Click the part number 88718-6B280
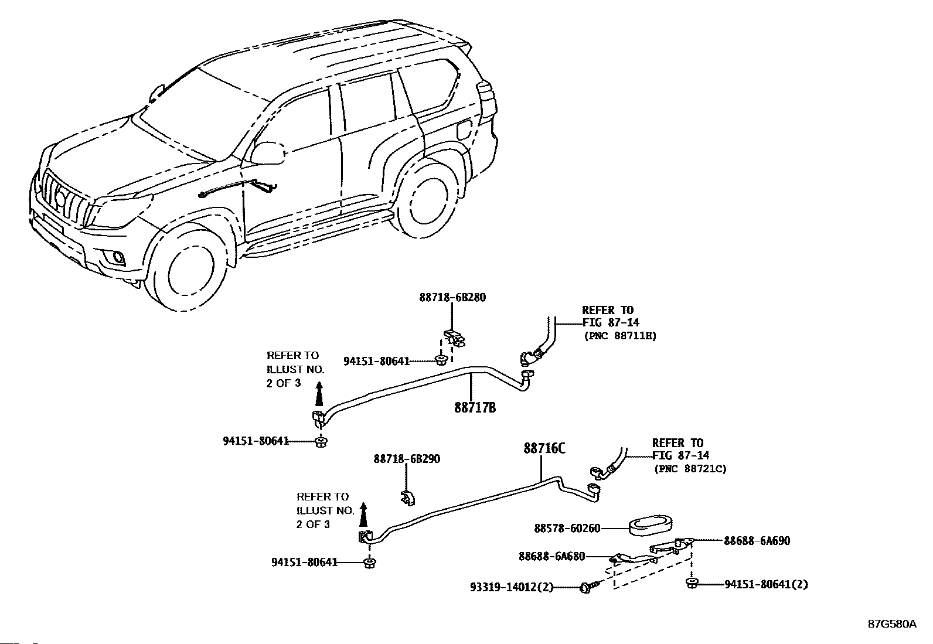pyautogui.click(x=452, y=298)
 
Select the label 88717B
pyautogui.click(x=475, y=407)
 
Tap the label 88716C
pyautogui.click(x=544, y=448)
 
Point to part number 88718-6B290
pyautogui.click(x=407, y=459)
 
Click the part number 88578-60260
pyautogui.click(x=567, y=529)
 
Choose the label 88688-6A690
pyautogui.click(x=757, y=541)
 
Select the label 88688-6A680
pyautogui.click(x=552, y=557)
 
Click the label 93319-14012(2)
pyautogui.click(x=512, y=587)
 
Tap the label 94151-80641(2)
pyautogui.click(x=767, y=584)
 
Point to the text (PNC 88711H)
pyautogui.click(x=620, y=336)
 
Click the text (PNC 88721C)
pyautogui.click(x=690, y=469)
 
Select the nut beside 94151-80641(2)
pyautogui.click(x=692, y=583)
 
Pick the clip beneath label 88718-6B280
pyautogui.click(x=454, y=338)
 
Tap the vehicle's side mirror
pyautogui.click(x=268, y=154)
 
